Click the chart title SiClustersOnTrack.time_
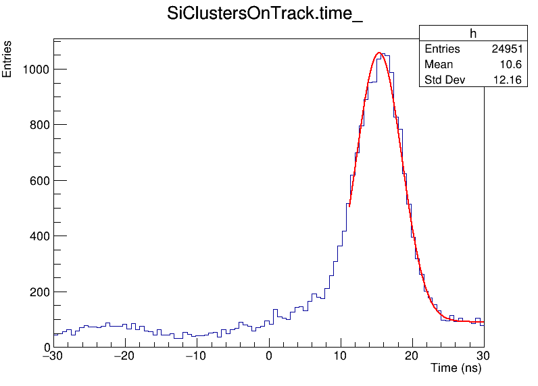point(265,16)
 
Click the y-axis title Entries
point(7,59)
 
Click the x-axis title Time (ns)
point(457,368)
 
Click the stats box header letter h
point(473,34)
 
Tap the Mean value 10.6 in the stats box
point(511,65)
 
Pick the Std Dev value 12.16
point(508,80)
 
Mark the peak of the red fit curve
point(378,53)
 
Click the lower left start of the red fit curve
point(349,206)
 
